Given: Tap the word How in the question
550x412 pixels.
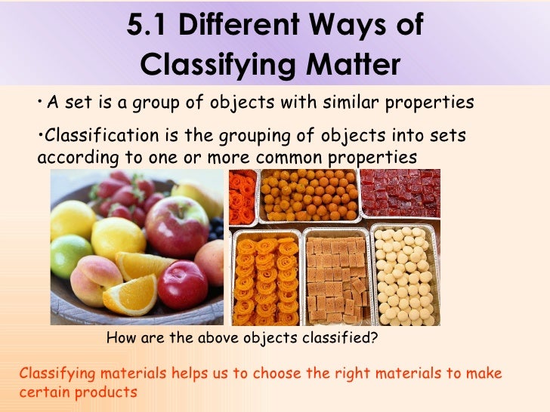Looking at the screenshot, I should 122,339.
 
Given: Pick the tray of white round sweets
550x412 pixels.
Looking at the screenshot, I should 405,275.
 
